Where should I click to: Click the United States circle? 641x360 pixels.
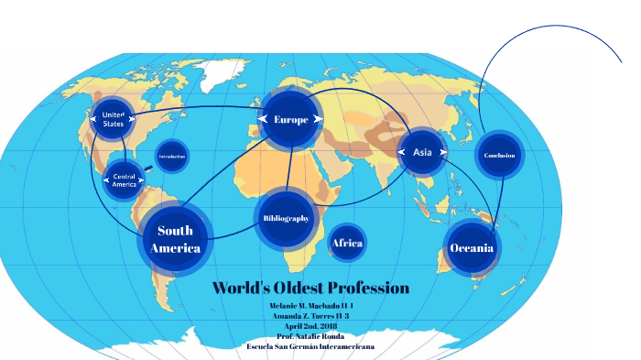[x=114, y=119]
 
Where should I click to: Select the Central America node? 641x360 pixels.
[x=124, y=180]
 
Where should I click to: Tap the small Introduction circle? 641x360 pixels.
[x=172, y=157]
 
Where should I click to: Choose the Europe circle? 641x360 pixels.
[x=291, y=119]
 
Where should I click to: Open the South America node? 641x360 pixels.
[x=175, y=240]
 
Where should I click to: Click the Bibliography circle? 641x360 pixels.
[x=286, y=219]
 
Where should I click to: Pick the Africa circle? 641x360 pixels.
[x=347, y=243]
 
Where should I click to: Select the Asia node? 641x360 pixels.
[x=422, y=151]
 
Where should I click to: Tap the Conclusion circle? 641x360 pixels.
[x=500, y=155]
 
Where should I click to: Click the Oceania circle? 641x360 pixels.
[x=473, y=248]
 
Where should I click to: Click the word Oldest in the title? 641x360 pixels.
[x=295, y=288]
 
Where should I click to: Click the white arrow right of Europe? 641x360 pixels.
[x=317, y=119]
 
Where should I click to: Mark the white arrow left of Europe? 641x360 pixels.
[x=265, y=119]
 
